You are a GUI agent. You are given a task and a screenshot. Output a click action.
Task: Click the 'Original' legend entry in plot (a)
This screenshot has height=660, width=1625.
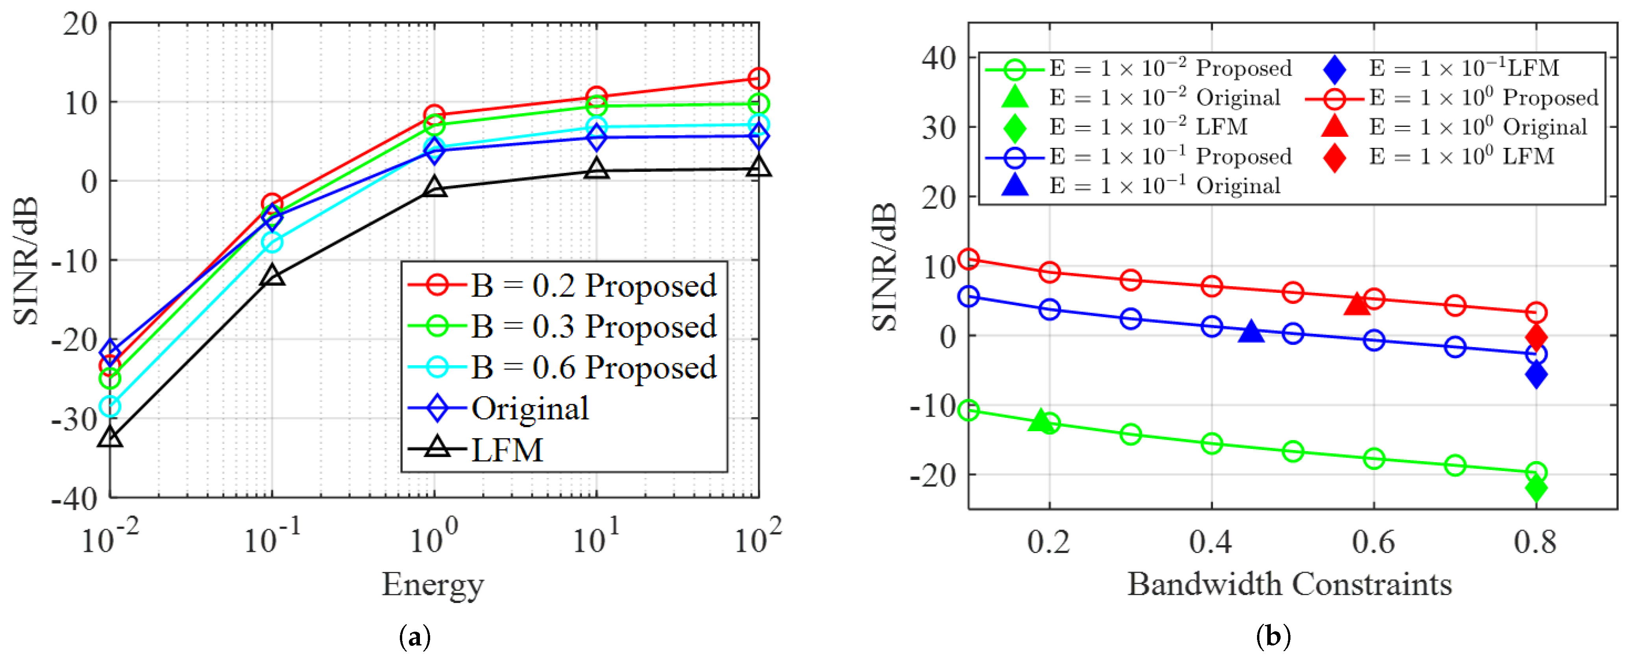tap(530, 408)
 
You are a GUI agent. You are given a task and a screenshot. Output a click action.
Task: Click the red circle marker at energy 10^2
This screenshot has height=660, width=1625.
tap(758, 78)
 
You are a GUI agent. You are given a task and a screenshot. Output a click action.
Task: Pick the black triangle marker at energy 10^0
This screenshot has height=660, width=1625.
tap(434, 187)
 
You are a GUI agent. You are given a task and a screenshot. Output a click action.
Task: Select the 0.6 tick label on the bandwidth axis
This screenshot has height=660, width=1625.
tap(1373, 542)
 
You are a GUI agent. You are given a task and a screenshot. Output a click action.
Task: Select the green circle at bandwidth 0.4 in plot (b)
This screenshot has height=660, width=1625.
tap(1211, 443)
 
